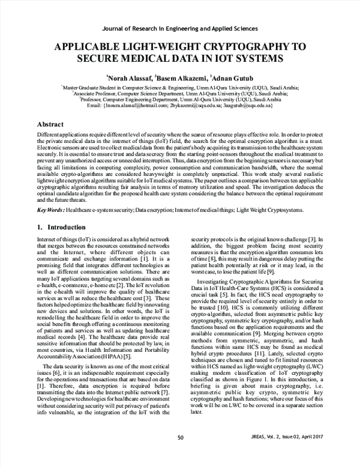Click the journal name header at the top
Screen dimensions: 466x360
click(x=179, y=28)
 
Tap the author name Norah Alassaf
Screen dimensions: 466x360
click(x=128, y=78)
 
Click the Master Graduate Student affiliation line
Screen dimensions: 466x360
click(x=180, y=88)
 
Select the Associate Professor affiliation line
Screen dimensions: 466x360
click(x=180, y=94)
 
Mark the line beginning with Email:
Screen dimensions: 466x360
click(x=180, y=106)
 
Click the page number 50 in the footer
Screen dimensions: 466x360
click(x=180, y=455)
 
